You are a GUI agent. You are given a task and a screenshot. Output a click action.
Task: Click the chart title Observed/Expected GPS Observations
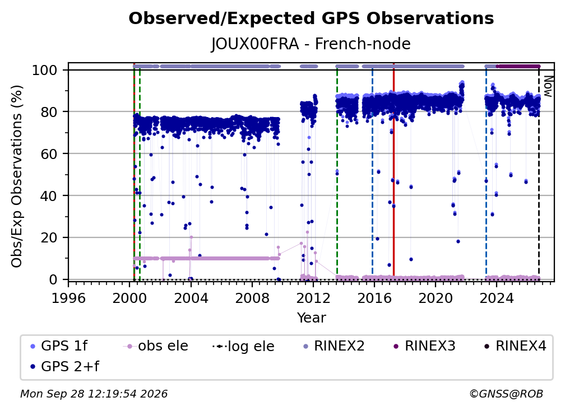[311, 18]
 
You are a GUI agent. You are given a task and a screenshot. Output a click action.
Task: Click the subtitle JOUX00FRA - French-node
[311, 44]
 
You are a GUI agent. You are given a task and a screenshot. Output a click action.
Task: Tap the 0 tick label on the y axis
[53, 279]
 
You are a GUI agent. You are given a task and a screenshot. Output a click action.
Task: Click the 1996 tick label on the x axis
[68, 298]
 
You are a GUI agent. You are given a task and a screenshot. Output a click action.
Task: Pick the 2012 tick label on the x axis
[313, 298]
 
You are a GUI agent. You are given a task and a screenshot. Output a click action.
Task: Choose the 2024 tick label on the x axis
[497, 298]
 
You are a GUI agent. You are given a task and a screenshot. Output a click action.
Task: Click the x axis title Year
[311, 318]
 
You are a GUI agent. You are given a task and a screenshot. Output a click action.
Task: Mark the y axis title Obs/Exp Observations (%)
[17, 176]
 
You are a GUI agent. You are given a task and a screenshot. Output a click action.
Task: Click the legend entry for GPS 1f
[59, 346]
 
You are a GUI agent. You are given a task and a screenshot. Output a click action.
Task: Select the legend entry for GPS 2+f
[65, 367]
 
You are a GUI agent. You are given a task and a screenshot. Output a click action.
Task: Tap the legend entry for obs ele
[156, 346]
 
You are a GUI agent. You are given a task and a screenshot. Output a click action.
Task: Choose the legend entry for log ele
[244, 346]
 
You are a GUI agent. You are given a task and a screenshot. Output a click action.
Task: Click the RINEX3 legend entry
[424, 346]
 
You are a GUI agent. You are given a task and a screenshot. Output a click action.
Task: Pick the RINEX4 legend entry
[515, 346]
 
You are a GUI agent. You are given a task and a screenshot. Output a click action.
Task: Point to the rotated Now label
[548, 86]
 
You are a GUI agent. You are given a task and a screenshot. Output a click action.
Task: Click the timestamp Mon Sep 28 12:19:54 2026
[94, 394]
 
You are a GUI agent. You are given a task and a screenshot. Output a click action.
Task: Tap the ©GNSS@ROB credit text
[506, 394]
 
